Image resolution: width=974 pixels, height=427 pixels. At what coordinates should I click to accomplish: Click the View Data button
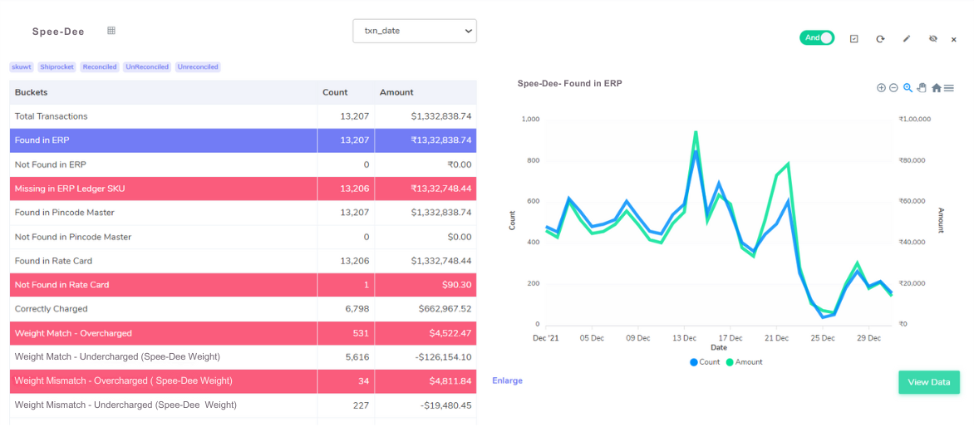click(x=928, y=382)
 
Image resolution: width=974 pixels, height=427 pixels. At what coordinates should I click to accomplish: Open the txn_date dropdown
click(x=414, y=32)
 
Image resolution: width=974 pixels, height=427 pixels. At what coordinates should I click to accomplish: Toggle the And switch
click(x=816, y=38)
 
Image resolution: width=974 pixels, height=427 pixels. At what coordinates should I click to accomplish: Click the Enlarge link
click(x=507, y=380)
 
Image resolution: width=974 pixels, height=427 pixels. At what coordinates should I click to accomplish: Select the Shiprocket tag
click(x=57, y=66)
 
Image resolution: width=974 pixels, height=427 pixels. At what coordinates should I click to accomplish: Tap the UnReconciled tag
click(x=147, y=66)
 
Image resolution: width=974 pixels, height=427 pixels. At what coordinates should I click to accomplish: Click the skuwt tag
click(x=21, y=66)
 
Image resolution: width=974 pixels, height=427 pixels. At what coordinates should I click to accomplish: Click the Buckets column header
click(x=32, y=92)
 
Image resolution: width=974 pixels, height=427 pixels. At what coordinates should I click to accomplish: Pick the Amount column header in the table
click(x=396, y=92)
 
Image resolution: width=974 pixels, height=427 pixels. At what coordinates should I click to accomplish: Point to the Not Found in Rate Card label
click(x=61, y=285)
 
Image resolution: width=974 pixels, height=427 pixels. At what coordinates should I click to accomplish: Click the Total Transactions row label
click(x=51, y=116)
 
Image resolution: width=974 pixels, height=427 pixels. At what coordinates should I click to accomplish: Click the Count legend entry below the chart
click(x=705, y=362)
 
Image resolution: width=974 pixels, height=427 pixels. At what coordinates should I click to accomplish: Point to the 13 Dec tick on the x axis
click(x=684, y=338)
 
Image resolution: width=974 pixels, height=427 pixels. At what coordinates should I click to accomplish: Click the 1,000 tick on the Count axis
click(x=530, y=119)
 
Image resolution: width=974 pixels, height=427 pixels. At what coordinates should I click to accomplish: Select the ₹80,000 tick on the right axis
click(x=914, y=160)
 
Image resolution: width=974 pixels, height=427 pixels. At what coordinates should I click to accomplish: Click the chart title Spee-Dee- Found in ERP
click(x=569, y=84)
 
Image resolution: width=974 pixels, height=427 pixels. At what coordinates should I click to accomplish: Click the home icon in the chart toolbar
click(x=936, y=88)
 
